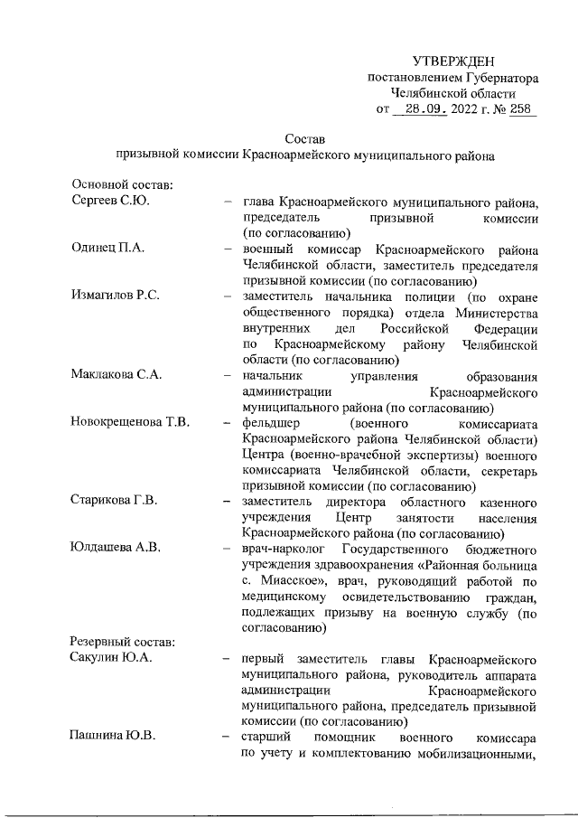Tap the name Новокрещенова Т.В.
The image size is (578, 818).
(130, 424)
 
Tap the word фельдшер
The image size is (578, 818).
(272, 424)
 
